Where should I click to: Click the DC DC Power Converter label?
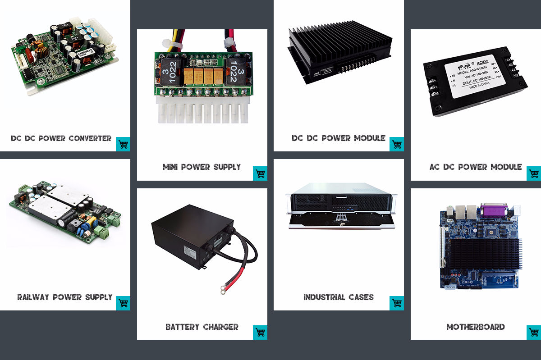[x=61, y=138]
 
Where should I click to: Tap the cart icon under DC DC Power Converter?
[x=123, y=144]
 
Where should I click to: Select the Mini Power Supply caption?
[x=202, y=167]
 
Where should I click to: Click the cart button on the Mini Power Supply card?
[x=260, y=173]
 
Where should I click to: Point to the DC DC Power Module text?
[x=339, y=138]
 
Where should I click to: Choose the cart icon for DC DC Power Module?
[x=397, y=144]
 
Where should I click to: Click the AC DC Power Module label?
[x=476, y=167]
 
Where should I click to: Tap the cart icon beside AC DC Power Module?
[x=534, y=173]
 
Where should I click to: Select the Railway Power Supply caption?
[x=65, y=297]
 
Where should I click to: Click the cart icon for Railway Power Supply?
[x=123, y=303]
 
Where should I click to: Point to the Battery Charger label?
[x=202, y=327]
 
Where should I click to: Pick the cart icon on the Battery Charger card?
[x=260, y=333]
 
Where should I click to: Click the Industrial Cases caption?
[x=339, y=297]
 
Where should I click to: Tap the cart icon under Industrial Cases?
[x=397, y=303]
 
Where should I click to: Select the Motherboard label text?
[x=476, y=327]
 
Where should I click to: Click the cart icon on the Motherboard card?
[x=534, y=333]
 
